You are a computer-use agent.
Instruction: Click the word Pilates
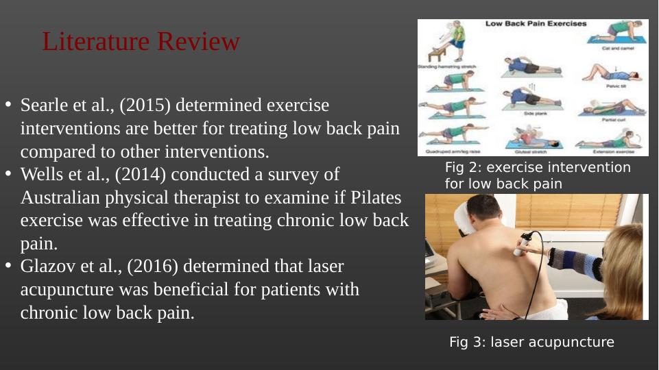(x=376, y=198)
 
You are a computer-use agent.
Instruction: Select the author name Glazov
(x=46, y=267)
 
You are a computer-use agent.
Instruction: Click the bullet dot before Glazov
(x=9, y=266)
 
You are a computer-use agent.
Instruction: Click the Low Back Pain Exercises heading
(x=536, y=24)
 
